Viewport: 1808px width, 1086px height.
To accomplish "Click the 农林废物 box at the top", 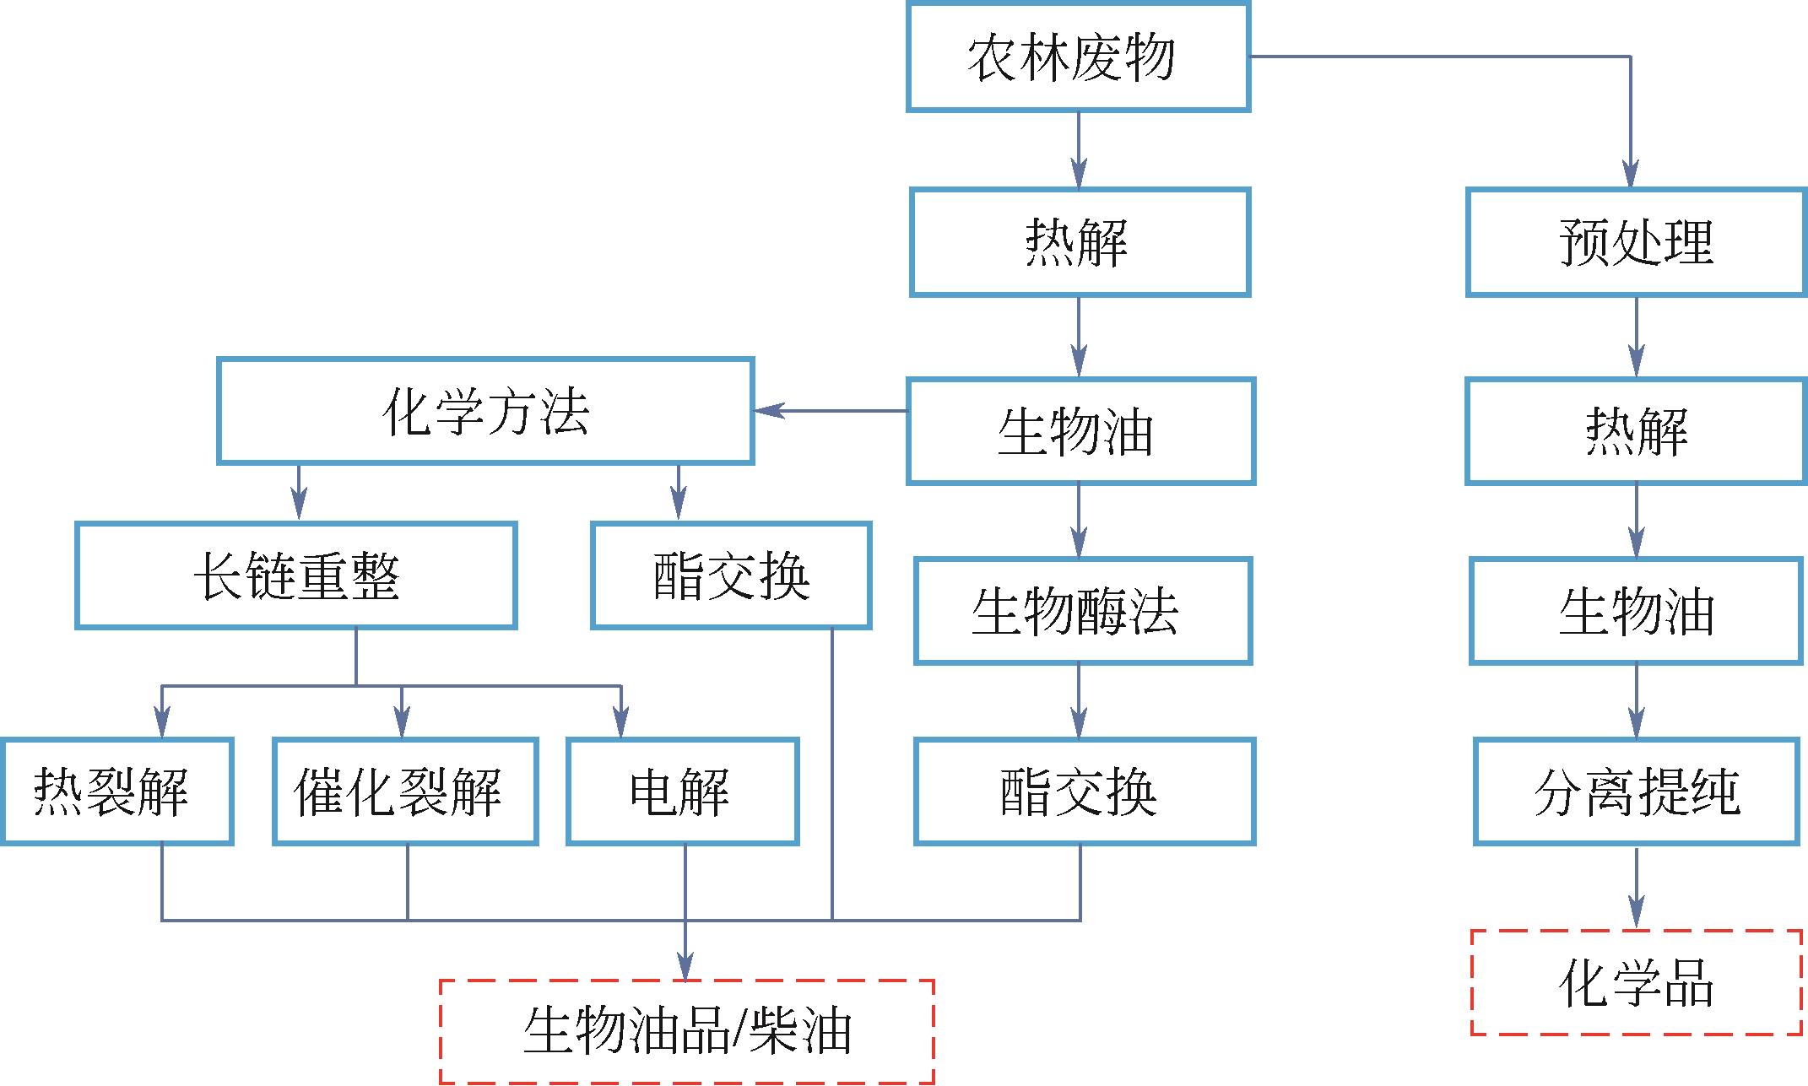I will pyautogui.click(x=1078, y=57).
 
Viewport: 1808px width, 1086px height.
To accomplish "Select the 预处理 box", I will pyautogui.click(x=1636, y=242).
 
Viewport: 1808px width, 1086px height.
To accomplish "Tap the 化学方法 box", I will pyautogui.click(x=485, y=412).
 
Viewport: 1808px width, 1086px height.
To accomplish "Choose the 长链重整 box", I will pyautogui.click(x=295, y=575).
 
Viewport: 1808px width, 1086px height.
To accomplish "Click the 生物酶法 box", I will pyautogui.click(x=1082, y=611).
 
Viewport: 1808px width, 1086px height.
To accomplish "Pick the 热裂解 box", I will pyautogui.click(x=116, y=792).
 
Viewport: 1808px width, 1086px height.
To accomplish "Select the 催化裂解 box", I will pyautogui.click(x=405, y=792).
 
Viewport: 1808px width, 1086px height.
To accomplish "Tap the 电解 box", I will pyautogui.click(x=682, y=792).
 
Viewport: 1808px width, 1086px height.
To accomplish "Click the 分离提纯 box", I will pyautogui.click(x=1637, y=792).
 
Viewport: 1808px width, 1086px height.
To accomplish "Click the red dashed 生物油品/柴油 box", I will pyautogui.click(x=687, y=1031).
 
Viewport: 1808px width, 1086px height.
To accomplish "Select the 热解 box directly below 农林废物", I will pyautogui.click(x=1079, y=242).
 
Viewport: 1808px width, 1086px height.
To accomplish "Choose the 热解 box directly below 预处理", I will pyautogui.click(x=1636, y=431).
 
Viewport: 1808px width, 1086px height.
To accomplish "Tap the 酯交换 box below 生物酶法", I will pyautogui.click(x=1084, y=792).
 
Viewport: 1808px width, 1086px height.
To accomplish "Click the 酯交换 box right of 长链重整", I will pyautogui.click(x=731, y=575).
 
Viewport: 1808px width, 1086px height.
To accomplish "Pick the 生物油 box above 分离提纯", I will pyautogui.click(x=1636, y=611).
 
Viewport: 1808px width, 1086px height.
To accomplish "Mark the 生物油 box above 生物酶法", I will pyautogui.click(x=1080, y=431).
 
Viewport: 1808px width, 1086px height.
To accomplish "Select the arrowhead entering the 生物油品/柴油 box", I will pyautogui.click(x=685, y=967).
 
